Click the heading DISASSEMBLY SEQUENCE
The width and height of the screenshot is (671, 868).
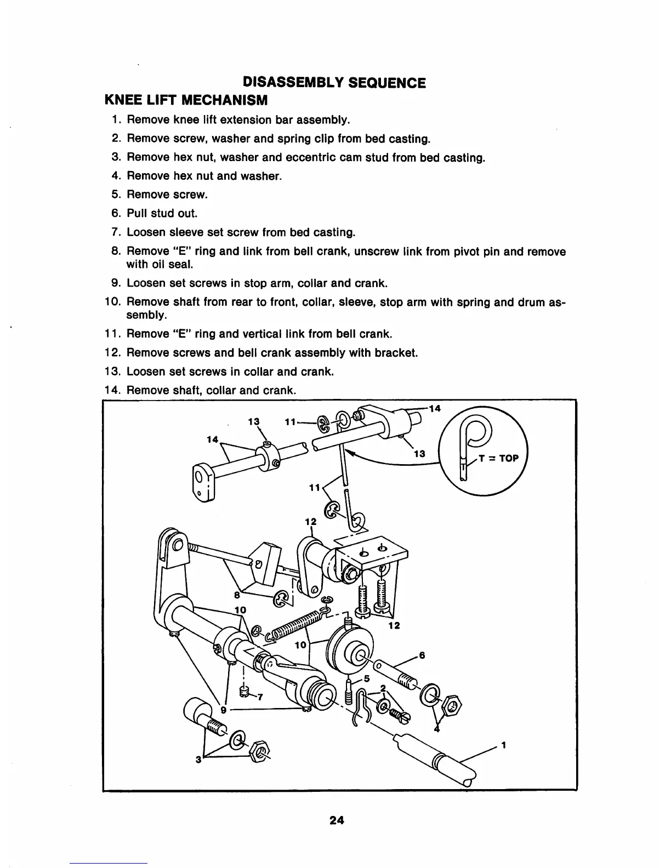click(334, 83)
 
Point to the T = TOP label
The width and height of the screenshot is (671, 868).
click(498, 458)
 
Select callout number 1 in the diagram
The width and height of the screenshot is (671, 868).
click(503, 745)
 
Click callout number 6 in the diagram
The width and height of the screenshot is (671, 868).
click(422, 655)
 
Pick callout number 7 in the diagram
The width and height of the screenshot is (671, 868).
click(261, 698)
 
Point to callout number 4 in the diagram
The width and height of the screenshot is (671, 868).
click(436, 729)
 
